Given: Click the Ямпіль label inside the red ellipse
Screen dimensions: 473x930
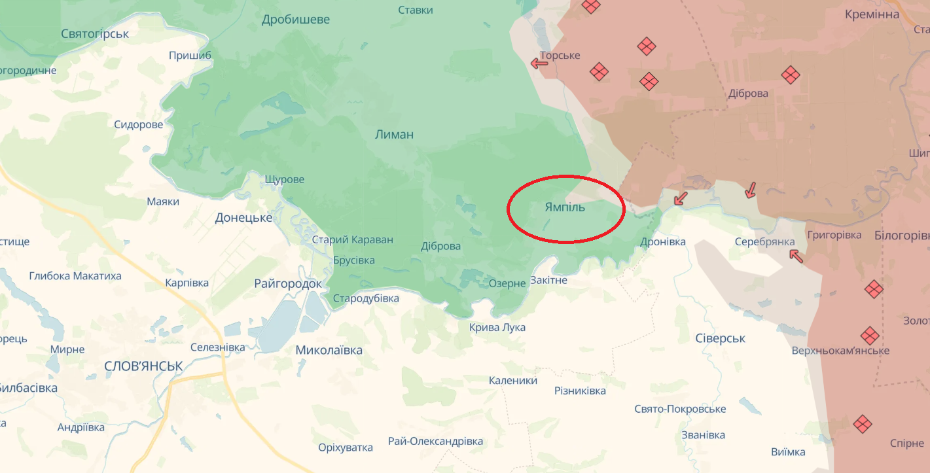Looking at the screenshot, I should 565,207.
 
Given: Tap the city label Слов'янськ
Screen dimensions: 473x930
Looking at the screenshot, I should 143,366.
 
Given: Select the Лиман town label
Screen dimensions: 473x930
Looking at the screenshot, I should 394,135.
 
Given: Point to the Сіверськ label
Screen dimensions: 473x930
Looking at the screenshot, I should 720,338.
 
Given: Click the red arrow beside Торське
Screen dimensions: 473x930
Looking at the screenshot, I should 539,63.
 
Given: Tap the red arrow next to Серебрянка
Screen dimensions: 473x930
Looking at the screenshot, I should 796,255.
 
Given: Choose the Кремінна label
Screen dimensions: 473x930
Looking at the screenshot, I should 872,14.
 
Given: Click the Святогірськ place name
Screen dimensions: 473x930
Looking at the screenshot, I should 95,33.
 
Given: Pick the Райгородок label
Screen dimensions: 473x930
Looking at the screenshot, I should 288,284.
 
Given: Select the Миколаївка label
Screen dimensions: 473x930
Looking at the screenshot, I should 329,350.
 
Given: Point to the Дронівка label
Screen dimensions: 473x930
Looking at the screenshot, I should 663,242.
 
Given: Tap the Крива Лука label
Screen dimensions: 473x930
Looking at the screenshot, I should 497,327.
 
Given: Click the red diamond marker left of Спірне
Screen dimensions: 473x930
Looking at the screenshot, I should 863,424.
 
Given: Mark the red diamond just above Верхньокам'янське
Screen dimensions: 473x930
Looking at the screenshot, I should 869,336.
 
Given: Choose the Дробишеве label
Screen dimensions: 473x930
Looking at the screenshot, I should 296,20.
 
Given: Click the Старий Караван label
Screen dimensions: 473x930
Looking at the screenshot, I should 352,239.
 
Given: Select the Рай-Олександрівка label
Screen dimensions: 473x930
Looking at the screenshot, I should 435,441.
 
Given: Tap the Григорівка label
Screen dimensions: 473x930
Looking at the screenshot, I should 834,235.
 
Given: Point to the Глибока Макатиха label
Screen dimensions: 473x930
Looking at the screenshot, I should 75,276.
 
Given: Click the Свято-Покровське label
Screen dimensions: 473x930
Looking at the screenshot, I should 680,409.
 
